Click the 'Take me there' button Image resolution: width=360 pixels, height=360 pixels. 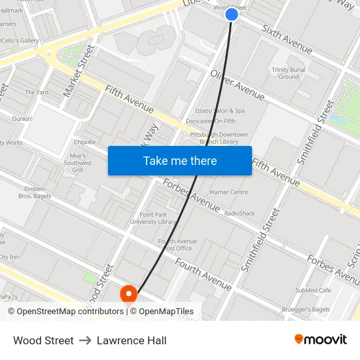[x=180, y=161]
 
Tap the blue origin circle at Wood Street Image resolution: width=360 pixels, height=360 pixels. [x=232, y=14]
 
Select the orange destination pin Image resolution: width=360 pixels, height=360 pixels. [x=129, y=295]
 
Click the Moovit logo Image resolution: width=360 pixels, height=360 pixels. [x=321, y=340]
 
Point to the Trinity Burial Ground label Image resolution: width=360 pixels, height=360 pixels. [x=289, y=73]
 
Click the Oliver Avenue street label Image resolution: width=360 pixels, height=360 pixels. [x=238, y=85]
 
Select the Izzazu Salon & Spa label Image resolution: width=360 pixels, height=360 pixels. [x=220, y=111]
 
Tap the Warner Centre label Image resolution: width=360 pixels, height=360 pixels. [x=228, y=192]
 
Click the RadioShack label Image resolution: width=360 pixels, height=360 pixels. [x=240, y=213]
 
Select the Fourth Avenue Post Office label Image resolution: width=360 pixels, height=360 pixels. [x=177, y=245]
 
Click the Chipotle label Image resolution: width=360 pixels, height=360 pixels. [x=84, y=142]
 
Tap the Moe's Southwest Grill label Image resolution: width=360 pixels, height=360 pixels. [x=78, y=163]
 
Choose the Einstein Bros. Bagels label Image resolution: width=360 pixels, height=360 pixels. [x=35, y=192]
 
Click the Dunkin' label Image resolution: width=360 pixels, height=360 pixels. [x=22, y=119]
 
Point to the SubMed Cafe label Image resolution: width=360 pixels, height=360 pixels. [x=314, y=290]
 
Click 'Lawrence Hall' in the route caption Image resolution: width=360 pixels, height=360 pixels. [x=132, y=340]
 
